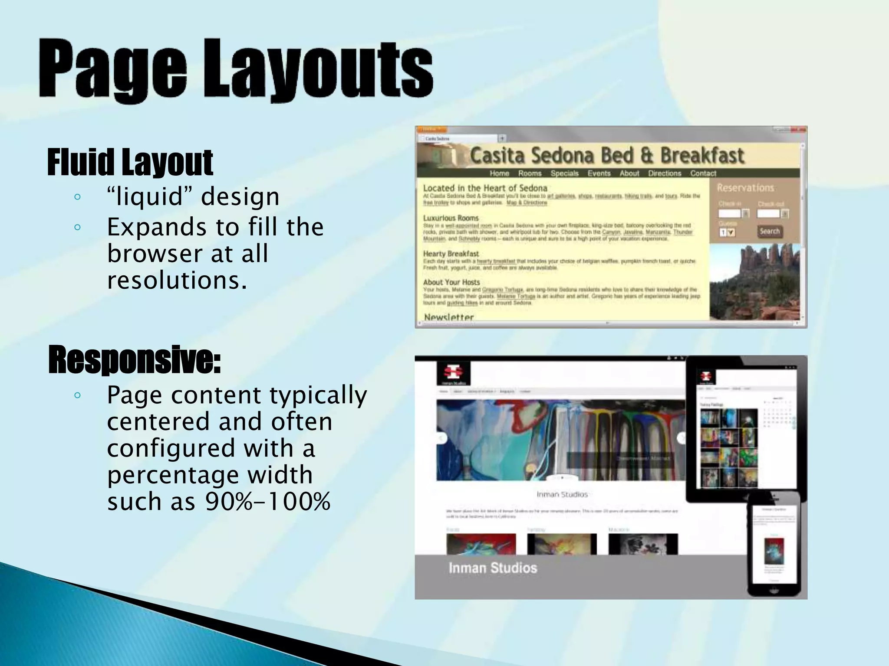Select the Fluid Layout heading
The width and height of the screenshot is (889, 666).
pos(130,162)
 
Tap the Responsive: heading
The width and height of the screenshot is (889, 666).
pos(135,359)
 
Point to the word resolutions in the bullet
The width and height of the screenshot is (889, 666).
pos(177,281)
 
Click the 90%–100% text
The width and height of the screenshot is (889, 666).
pos(268,502)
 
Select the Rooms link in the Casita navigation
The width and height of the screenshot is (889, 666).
pos(530,173)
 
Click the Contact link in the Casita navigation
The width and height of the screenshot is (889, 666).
pos(703,173)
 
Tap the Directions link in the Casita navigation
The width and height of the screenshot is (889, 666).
pos(664,173)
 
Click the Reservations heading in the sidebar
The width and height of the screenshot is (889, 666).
pos(745,188)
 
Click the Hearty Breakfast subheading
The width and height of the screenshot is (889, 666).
pos(451,254)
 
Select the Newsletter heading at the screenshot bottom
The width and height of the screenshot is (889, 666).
pos(449,317)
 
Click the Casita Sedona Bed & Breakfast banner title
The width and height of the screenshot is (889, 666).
pos(607,156)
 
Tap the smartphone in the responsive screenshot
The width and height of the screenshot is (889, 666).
pos(774,544)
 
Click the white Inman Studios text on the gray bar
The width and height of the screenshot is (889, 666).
pos(493,568)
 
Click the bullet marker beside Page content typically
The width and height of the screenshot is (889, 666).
pos(78,395)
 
